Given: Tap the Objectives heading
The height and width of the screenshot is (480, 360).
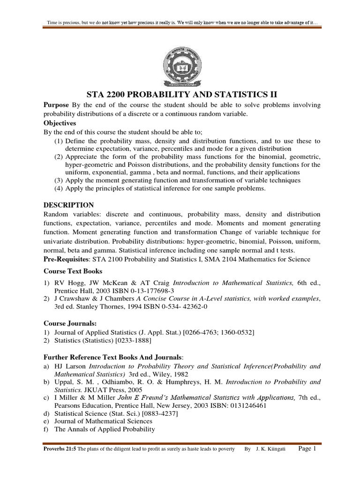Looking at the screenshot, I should coord(60,123).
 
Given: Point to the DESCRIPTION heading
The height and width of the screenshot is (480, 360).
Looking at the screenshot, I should coord(68,205).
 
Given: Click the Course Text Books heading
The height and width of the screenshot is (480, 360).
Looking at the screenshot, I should coord(73,271).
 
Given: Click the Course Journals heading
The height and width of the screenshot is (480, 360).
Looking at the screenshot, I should coord(67,323).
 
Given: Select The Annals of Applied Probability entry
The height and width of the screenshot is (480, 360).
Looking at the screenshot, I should coord(104,429).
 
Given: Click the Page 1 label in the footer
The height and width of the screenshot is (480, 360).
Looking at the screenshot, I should coord(307,449).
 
